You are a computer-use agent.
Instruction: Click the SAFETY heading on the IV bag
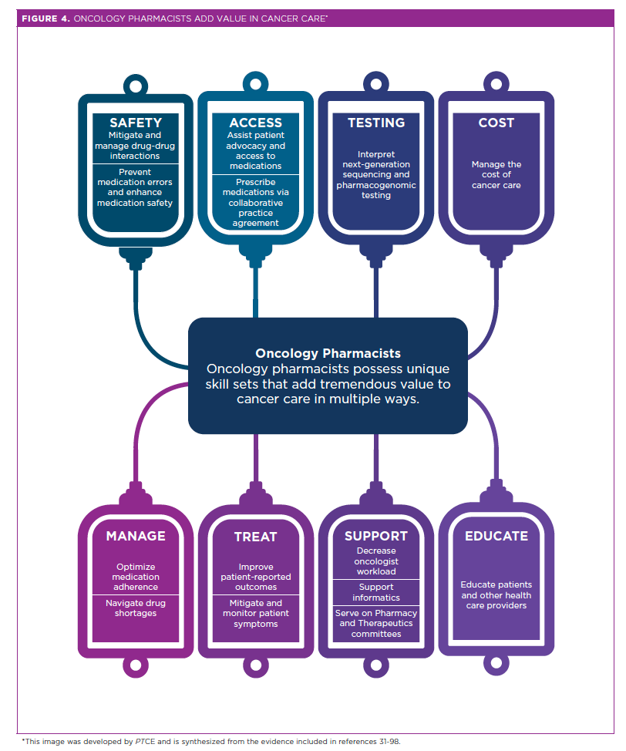coord(136,123)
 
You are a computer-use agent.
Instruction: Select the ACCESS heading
coord(255,123)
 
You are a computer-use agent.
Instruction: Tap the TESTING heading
coord(375,123)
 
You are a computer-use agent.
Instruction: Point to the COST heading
coord(496,123)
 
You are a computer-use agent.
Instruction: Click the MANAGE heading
coord(136,536)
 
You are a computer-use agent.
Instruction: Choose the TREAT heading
coord(255,537)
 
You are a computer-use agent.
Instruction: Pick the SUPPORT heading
coord(375,536)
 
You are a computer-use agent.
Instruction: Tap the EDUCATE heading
coord(496,536)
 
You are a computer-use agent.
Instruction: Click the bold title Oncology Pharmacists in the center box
coord(328,354)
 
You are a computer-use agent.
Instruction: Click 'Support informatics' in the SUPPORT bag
coord(375,592)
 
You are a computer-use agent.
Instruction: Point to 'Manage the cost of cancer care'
coord(496,175)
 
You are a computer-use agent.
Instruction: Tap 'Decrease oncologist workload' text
coord(375,561)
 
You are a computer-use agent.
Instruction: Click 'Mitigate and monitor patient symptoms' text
coord(255,613)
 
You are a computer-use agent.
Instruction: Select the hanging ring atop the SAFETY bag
coord(136,82)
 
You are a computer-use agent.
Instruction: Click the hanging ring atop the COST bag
coord(496,82)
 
